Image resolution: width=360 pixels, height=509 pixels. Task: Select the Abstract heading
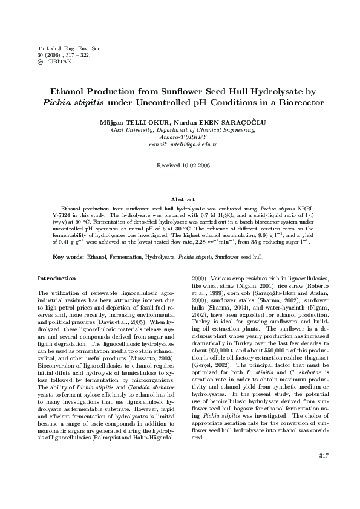(x=183, y=199)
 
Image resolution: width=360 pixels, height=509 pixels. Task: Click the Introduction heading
(x=56, y=279)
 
